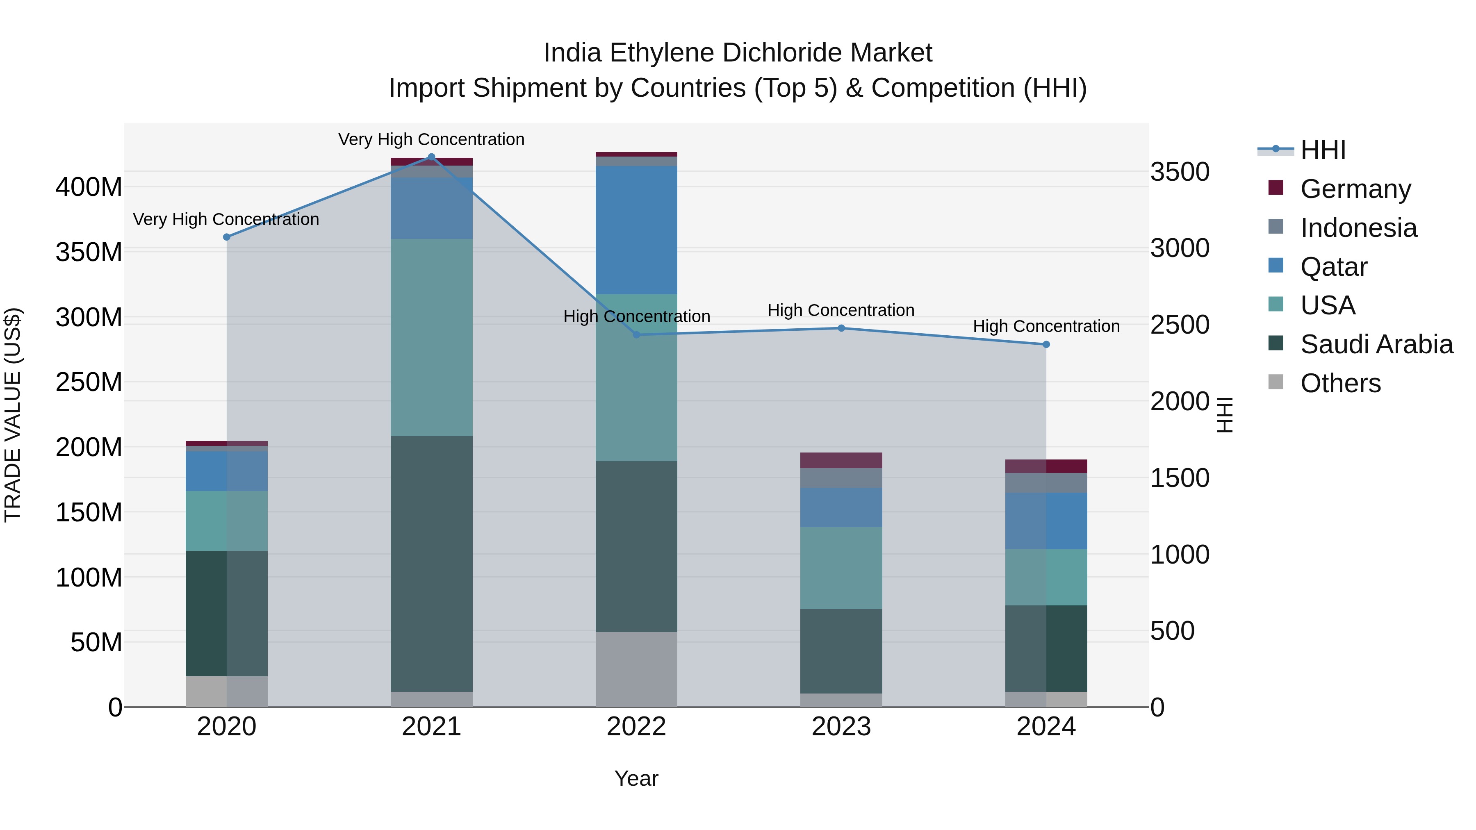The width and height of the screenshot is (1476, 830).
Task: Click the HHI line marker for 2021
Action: [431, 157]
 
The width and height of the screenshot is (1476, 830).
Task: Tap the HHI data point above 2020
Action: [226, 237]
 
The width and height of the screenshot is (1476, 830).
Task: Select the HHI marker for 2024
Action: [1046, 345]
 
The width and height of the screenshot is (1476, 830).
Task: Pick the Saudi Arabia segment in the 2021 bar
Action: [431, 564]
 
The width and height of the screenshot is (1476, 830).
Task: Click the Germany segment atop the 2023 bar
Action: [841, 461]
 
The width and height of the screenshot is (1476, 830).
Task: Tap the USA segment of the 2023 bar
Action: [841, 568]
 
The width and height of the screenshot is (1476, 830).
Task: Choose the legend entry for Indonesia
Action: [1358, 228]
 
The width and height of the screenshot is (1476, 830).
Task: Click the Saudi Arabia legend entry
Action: [1376, 344]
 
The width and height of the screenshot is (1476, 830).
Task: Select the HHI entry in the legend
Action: [1322, 150]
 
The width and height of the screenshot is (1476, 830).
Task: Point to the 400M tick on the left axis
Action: [89, 187]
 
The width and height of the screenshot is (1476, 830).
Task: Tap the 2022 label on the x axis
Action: [636, 727]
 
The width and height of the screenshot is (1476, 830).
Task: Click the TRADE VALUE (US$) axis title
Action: [13, 415]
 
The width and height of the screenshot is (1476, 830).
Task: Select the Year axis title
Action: [636, 778]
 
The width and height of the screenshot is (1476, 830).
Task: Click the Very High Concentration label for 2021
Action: [431, 139]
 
